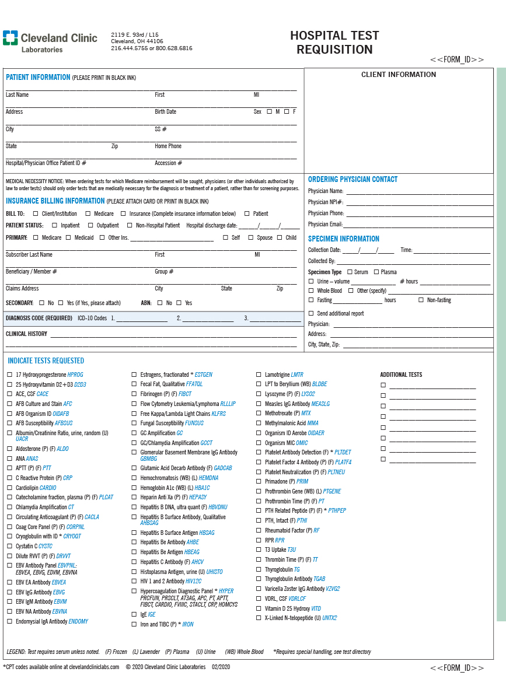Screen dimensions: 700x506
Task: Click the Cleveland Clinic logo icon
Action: pyautogui.click(x=10, y=38)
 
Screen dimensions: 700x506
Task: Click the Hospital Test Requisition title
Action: pyautogui.click(x=334, y=43)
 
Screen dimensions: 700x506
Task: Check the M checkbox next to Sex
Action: pyautogui.click(x=269, y=111)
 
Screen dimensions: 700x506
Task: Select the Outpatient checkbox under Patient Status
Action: pyautogui.click(x=90, y=225)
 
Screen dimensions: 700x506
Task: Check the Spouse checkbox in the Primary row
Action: pyautogui.click(x=251, y=237)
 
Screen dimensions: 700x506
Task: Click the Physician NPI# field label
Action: pyautogui.click(x=326, y=202)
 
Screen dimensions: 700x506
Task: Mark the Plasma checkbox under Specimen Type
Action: pyautogui.click(x=376, y=272)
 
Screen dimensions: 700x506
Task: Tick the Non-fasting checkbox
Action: pyautogui.click(x=421, y=300)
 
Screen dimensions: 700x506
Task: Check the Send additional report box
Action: pyautogui.click(x=311, y=313)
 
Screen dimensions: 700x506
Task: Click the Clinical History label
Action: pyautogui.click(x=26, y=334)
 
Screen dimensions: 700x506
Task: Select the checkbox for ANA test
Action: pyautogui.click(x=9, y=459)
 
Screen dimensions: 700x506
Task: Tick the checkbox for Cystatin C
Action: pyautogui.click(x=9, y=546)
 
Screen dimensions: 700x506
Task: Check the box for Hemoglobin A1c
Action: pyautogui.click(x=134, y=488)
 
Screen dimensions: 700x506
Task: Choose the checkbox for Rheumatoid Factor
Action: pyautogui.click(x=259, y=530)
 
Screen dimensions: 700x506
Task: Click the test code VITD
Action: pyautogui.click(x=316, y=608)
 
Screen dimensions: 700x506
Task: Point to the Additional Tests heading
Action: pyautogui.click(x=401, y=374)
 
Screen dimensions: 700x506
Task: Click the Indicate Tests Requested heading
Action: pyautogui.click(x=45, y=360)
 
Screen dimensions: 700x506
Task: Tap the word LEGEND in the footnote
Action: pyautogui.click(x=16, y=652)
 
